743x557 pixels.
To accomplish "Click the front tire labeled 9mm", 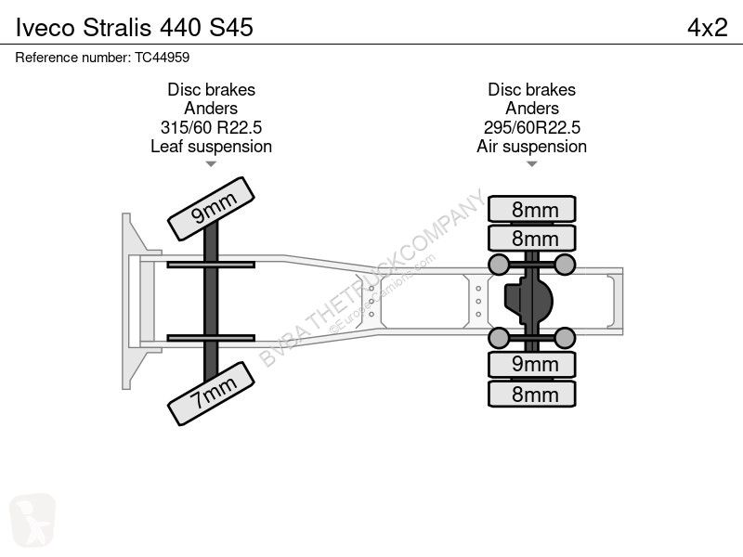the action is point(212,209).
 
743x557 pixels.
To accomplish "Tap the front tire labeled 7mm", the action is point(212,394).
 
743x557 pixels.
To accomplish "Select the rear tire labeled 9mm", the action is point(531,365).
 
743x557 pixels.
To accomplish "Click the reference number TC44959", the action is point(162,58).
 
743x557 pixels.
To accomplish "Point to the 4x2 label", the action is point(708,28).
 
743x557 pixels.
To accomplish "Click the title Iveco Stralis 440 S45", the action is point(135,28).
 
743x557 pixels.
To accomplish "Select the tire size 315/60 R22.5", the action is point(212,127).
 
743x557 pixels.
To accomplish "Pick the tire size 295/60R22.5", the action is point(531,127).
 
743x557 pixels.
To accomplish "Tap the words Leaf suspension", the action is point(212,147).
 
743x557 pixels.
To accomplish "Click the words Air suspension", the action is point(531,147).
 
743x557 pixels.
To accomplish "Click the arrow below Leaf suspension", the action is point(212,164).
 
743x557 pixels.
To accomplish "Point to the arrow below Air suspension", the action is point(531,164).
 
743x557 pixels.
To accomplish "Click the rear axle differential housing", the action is point(528,300).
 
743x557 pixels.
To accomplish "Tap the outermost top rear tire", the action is point(531,209).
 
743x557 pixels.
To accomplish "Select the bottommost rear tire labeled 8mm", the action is point(531,394).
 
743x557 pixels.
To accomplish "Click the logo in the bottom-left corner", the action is point(33,520).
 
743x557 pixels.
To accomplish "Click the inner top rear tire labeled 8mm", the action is point(531,239).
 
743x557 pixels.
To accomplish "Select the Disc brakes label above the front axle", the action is point(212,89).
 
